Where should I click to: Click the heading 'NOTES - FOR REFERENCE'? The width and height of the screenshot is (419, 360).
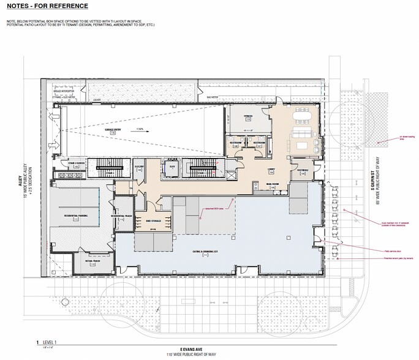coord(47,6)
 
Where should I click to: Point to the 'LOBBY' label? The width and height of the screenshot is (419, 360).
coord(270,170)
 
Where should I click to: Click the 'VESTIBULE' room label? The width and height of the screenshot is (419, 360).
coord(302,170)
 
